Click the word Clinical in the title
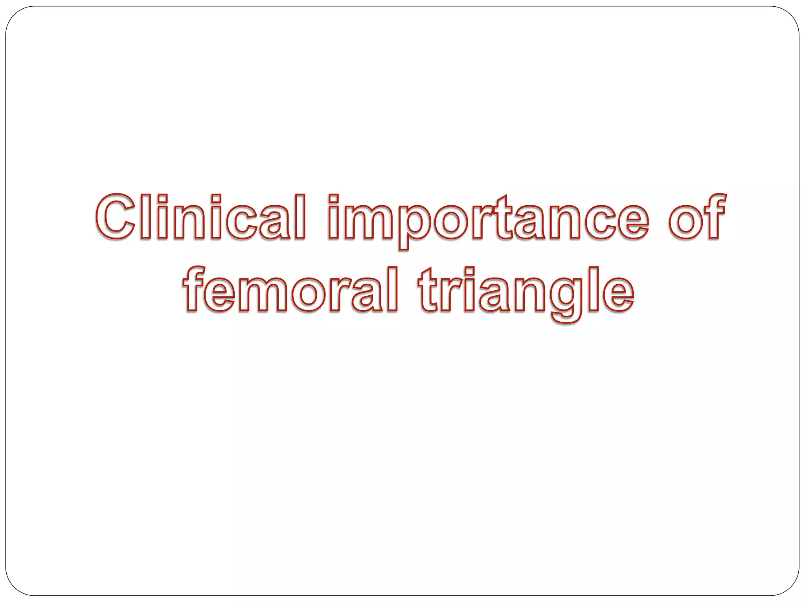coord(200,217)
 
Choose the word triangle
coord(525,291)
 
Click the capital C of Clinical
coord(117,217)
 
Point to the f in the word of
coord(713,217)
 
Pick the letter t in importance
coord(505,218)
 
